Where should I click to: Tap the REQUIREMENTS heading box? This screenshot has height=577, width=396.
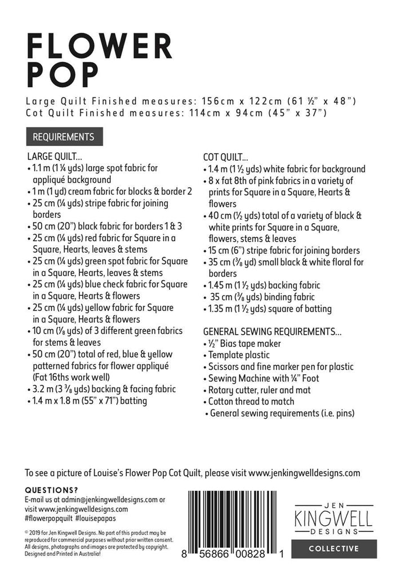63,136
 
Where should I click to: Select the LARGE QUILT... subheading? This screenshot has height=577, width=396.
55,156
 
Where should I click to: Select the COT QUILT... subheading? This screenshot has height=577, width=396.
225,157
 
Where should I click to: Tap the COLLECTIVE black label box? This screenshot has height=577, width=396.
333,548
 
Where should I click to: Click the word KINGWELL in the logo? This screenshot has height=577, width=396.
333,517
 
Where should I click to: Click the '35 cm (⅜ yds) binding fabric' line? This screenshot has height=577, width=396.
262,297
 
